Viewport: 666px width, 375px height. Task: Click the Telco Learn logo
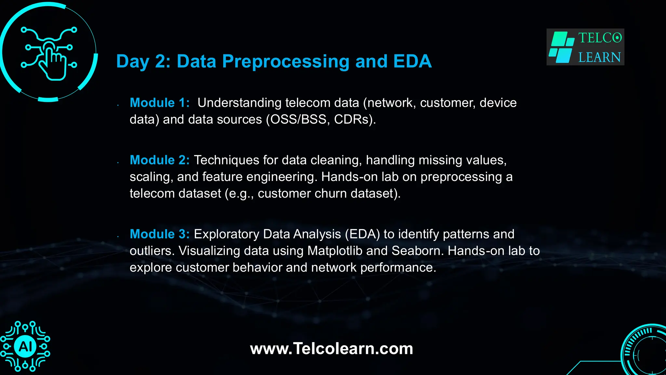(x=585, y=47)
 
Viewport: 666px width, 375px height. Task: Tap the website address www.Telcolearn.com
(x=331, y=349)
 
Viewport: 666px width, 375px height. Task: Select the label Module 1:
(x=159, y=103)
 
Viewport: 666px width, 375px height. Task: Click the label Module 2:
(x=159, y=160)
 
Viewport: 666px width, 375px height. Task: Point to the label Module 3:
(x=159, y=234)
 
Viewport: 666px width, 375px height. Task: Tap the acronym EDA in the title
(x=412, y=62)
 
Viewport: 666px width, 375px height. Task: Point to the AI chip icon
(x=25, y=346)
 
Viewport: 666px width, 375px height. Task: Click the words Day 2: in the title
(x=143, y=62)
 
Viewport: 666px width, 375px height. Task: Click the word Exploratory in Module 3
(x=226, y=234)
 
